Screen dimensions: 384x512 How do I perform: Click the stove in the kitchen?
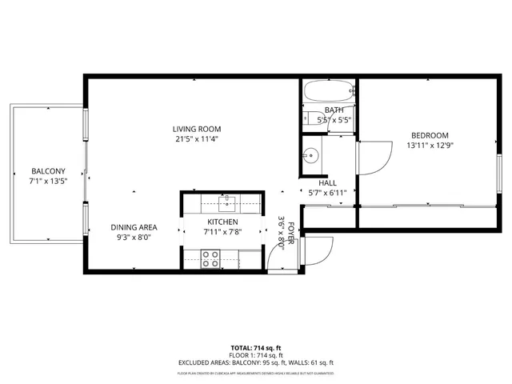[210, 258]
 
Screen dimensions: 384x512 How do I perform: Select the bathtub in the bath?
[328, 91]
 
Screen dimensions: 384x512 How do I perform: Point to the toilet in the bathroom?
[310, 118]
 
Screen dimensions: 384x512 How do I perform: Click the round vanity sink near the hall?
[313, 154]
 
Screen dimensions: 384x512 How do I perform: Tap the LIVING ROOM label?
[197, 129]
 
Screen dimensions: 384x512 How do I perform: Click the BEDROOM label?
[430, 135]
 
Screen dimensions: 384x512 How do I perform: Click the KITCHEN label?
[223, 222]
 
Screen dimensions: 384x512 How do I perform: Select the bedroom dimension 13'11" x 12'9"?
[430, 145]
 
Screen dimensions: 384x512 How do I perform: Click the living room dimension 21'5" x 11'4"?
[197, 138]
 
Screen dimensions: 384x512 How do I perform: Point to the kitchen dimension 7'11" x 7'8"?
[223, 232]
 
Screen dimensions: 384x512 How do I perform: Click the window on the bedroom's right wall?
[498, 171]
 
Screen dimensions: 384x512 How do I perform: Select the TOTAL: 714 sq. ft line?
[255, 348]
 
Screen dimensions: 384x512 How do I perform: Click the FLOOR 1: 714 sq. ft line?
[255, 355]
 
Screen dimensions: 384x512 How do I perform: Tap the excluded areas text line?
[255, 362]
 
